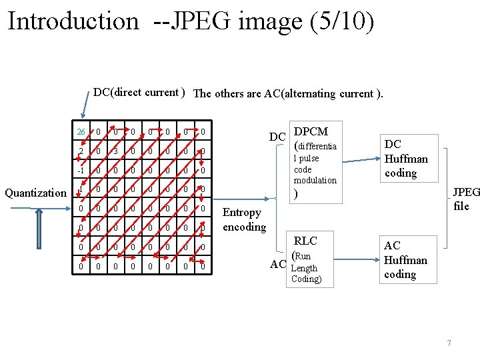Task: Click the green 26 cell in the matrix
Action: click(x=81, y=132)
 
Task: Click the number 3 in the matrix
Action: click(x=115, y=151)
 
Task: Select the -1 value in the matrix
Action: click(x=80, y=171)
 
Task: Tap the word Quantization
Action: click(x=35, y=193)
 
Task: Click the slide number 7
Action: click(x=449, y=343)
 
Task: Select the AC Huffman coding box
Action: click(x=407, y=260)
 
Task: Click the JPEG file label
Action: click(x=461, y=199)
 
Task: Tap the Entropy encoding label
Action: click(x=243, y=219)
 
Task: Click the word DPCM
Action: click(x=311, y=131)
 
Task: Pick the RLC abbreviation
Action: click(x=306, y=241)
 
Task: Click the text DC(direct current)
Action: click(x=139, y=93)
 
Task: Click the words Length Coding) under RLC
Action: click(x=306, y=274)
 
